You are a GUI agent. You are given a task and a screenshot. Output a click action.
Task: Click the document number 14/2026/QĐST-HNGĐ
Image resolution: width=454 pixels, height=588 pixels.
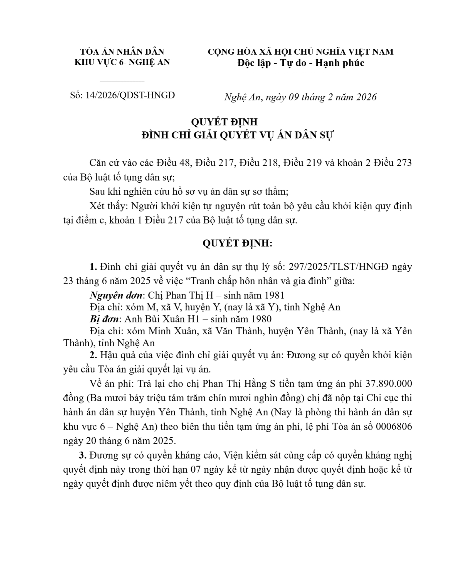(x=130, y=95)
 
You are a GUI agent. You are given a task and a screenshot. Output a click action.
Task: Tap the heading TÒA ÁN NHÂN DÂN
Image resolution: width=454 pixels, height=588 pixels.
(x=122, y=52)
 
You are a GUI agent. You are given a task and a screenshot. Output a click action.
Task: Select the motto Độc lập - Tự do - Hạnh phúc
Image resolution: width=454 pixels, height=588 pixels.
(x=301, y=63)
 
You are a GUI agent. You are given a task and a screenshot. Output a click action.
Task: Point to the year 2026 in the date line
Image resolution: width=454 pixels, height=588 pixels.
(x=366, y=97)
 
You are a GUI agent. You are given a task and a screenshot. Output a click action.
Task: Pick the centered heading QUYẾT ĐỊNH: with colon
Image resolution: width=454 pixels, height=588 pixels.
(x=237, y=243)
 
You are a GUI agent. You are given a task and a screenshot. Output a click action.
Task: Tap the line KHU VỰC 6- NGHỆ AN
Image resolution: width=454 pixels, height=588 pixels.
(x=122, y=62)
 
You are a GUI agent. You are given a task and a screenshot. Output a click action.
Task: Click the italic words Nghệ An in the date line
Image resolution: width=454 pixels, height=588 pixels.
(x=243, y=97)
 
